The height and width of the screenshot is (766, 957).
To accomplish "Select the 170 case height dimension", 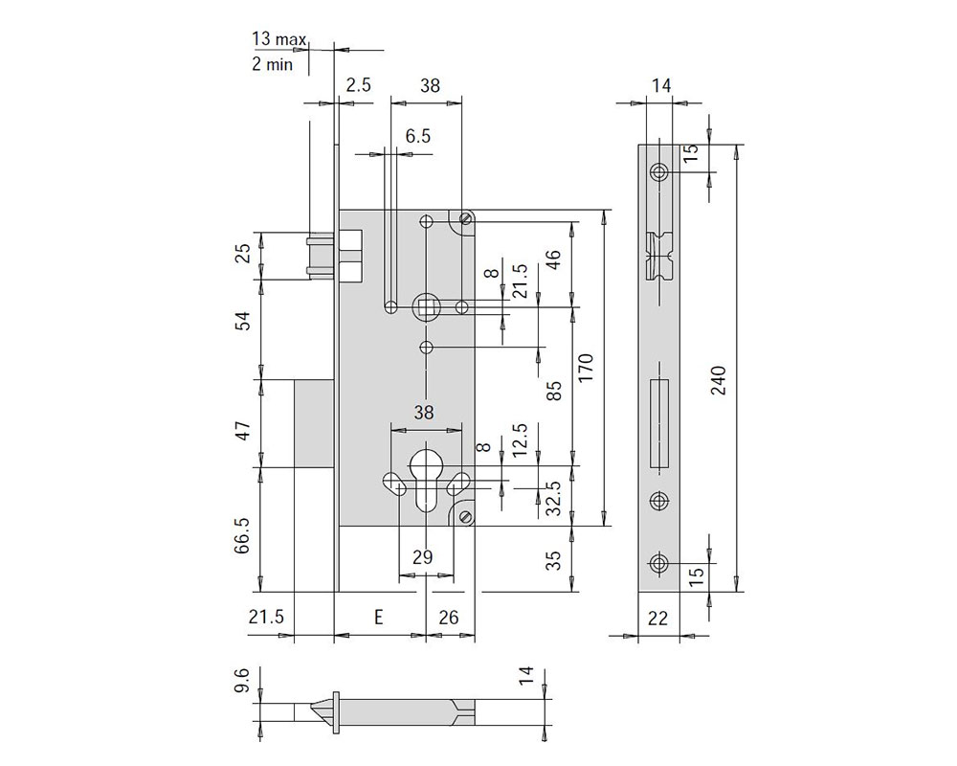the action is (x=585, y=368).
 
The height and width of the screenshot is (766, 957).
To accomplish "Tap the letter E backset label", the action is (x=378, y=617).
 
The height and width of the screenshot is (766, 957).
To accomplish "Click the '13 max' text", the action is (x=278, y=39).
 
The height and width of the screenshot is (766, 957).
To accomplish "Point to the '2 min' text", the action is (x=272, y=63).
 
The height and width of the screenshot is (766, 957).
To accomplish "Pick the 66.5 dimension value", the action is (x=242, y=535).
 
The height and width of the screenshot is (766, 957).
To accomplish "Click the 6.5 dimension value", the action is (x=418, y=136).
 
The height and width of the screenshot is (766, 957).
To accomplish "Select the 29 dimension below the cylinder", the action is (x=422, y=557).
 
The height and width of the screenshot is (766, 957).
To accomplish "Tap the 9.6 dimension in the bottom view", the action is (x=242, y=680).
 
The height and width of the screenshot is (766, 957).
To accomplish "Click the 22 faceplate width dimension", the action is (x=657, y=619).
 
